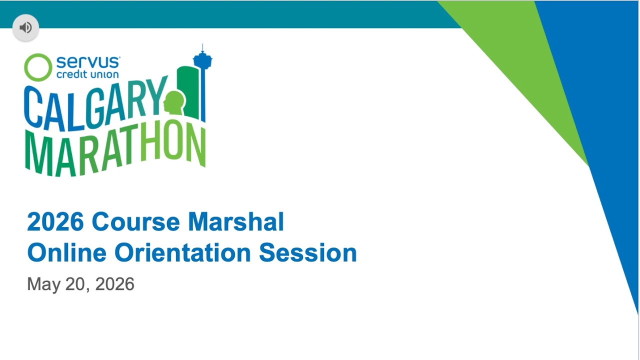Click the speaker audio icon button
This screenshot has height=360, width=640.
pos(25,27)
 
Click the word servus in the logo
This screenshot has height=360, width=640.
pos(88,62)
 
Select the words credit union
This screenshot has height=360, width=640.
pos(87,74)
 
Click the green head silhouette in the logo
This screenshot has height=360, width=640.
pos(174,103)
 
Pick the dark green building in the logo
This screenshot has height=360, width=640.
pos(188,91)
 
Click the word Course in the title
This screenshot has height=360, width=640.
pos(135,221)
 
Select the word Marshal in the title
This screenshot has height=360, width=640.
pos(236,221)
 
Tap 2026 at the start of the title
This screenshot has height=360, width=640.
pos(55,221)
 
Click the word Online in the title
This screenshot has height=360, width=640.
pos(67,252)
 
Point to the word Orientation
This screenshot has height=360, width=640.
pos(183,252)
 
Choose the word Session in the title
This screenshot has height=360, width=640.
pos(308,252)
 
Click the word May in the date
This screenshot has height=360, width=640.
pos(43,284)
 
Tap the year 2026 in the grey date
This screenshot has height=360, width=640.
pos(114,284)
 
